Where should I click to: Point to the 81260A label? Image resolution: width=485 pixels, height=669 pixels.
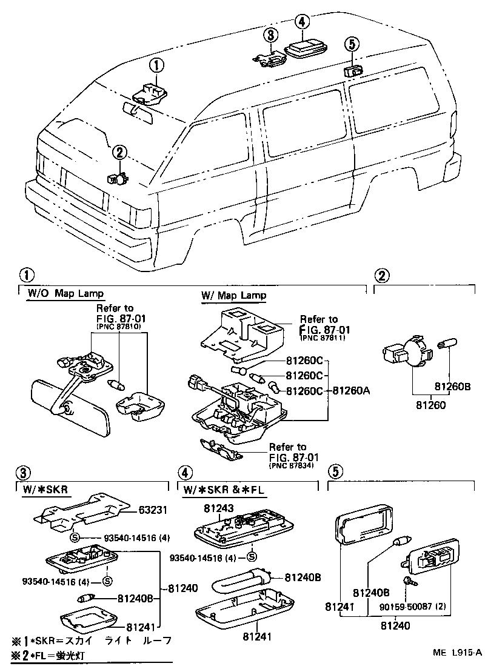coord(352,391)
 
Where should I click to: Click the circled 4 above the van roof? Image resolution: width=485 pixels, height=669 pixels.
coord(301,22)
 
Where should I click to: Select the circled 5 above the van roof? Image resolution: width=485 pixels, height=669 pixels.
coord(350,44)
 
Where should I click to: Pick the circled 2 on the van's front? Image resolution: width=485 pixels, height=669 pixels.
coord(119,153)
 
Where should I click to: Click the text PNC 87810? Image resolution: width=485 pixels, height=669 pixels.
coord(118,326)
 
